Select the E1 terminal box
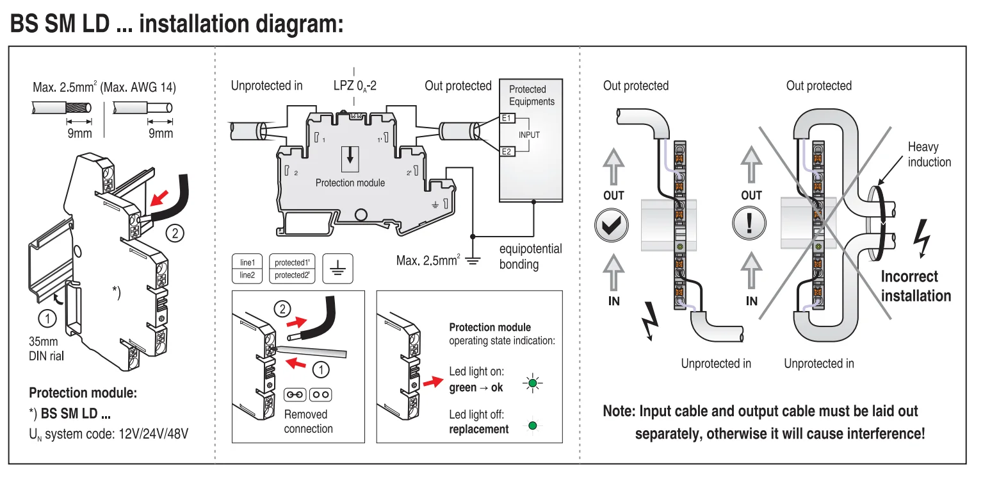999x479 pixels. pyautogui.click(x=506, y=118)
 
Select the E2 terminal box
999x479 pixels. pyautogui.click(x=506, y=151)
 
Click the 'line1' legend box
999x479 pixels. pyautogui.click(x=248, y=262)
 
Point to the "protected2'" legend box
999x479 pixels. pyautogui.click(x=292, y=275)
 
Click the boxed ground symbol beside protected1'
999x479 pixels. pyautogui.click(x=337, y=268)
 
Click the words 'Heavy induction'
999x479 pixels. pyautogui.click(x=929, y=155)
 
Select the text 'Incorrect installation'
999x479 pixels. pyautogui.click(x=916, y=286)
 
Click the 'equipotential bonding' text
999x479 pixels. pyautogui.click(x=530, y=256)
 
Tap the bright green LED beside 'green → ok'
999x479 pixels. pyautogui.click(x=532, y=383)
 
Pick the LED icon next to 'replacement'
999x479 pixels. pyautogui.click(x=532, y=425)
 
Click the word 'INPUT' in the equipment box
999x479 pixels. pyautogui.click(x=529, y=135)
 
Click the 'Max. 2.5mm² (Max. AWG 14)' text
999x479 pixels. pyautogui.click(x=104, y=87)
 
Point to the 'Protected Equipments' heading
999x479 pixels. pyautogui.click(x=532, y=96)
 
